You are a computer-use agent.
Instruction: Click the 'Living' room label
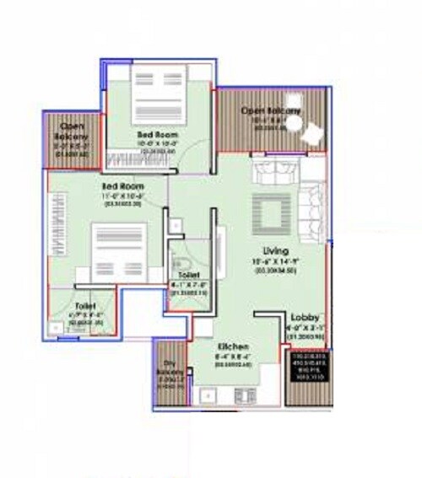tap(275, 250)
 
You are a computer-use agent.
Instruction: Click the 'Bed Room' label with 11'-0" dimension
tap(123, 185)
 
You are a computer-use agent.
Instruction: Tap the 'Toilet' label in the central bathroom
tap(189, 276)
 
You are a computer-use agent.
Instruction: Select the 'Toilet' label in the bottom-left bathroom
tap(85, 306)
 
